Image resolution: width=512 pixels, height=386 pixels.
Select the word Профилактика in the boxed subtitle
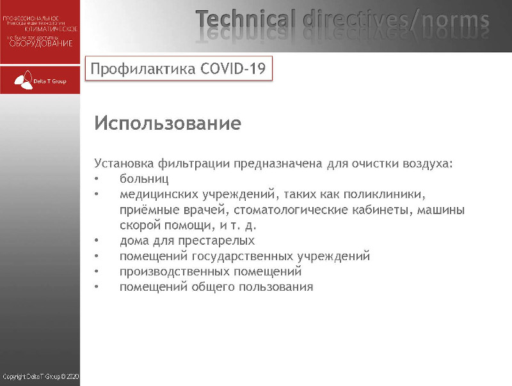pos(142,68)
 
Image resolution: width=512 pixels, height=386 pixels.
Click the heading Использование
pos(167,123)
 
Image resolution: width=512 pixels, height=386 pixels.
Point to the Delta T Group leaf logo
pos(23,81)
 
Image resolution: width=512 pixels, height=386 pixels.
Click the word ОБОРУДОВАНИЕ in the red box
pos(41,43)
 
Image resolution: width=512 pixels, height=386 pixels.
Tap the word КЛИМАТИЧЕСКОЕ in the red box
pos(51,29)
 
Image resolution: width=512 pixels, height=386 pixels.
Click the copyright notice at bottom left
pos(40,377)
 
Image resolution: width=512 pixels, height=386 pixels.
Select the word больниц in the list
pos(144,179)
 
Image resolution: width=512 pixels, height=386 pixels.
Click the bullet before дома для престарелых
pos(96,241)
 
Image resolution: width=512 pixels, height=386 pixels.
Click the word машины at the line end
pos(442,210)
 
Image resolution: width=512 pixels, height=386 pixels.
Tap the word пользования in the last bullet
pos(276,287)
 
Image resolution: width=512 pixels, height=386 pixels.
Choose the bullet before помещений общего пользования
pos(96,287)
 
